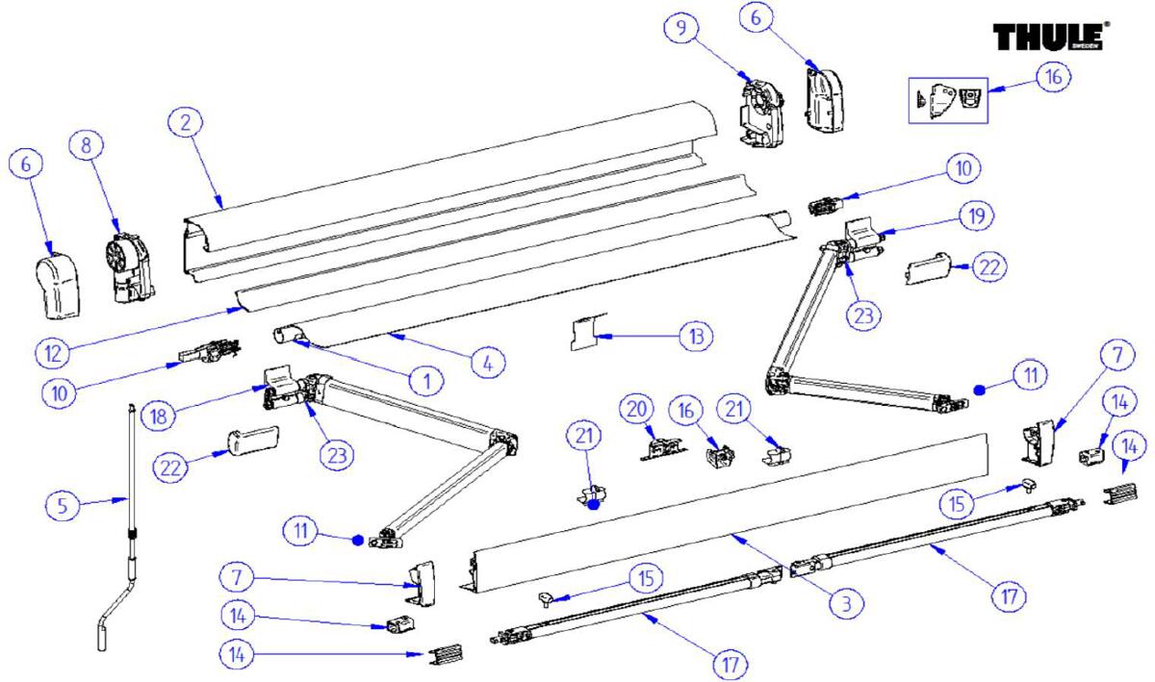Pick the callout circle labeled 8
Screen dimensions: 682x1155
click(87, 145)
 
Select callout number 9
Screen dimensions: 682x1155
click(680, 28)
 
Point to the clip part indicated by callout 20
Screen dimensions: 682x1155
click(662, 447)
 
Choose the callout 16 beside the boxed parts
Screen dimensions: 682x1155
click(1052, 77)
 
